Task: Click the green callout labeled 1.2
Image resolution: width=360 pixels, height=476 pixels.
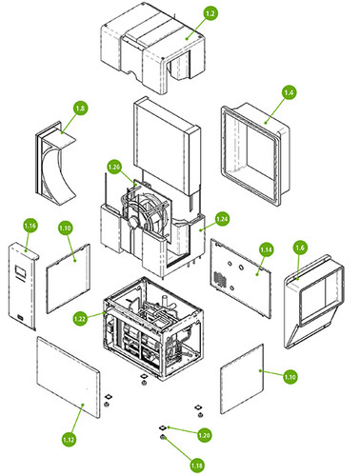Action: (210, 13)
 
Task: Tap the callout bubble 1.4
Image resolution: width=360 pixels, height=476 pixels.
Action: (289, 92)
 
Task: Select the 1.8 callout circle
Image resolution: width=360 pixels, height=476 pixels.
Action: (80, 109)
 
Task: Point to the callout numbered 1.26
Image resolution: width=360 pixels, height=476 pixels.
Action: (114, 167)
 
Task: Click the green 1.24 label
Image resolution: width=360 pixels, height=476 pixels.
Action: (222, 219)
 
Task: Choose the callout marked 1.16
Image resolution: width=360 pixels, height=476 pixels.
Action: (30, 226)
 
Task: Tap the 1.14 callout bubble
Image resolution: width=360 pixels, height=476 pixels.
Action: (266, 250)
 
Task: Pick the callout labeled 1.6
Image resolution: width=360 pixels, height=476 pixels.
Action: (300, 248)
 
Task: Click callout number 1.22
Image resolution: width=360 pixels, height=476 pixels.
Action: (80, 318)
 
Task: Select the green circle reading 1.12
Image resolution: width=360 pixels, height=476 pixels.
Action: (69, 440)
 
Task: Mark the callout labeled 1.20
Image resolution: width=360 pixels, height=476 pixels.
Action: (204, 435)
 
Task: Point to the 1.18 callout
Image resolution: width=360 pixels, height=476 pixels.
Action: (197, 466)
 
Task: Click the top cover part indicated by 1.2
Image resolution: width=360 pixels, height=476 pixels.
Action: (153, 48)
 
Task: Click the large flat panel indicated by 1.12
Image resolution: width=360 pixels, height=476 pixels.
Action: (69, 377)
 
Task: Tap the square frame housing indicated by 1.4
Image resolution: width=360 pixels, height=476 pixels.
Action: (255, 154)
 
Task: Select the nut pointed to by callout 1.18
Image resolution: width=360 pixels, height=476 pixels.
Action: (163, 438)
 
